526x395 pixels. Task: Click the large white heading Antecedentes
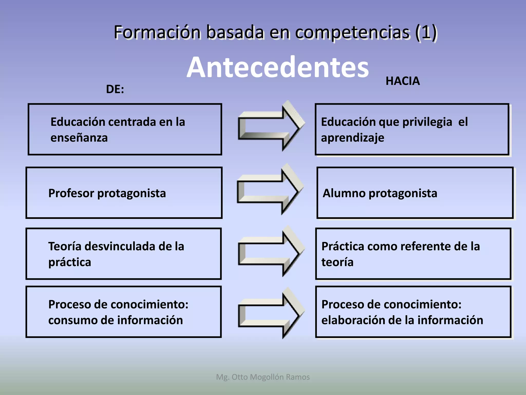[x=277, y=67]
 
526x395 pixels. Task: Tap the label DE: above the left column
[x=115, y=89]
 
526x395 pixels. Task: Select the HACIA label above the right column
[x=402, y=81]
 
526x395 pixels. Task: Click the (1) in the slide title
[x=426, y=32]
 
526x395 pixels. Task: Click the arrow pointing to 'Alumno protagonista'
[x=270, y=189]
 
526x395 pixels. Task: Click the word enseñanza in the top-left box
[x=79, y=138]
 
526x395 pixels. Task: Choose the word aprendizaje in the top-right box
[x=353, y=138]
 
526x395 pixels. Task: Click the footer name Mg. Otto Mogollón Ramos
[x=263, y=377]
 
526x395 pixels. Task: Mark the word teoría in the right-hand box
[x=337, y=262]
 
